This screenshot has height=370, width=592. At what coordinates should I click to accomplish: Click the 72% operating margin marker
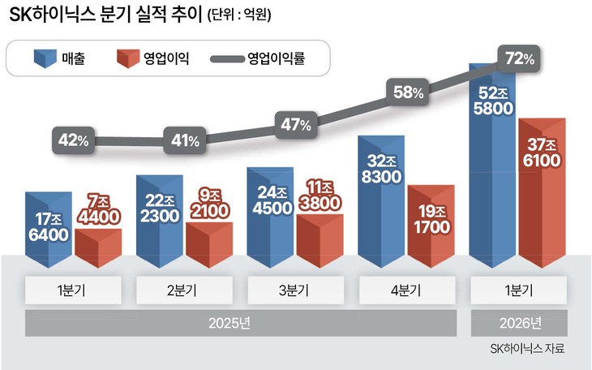pyautogui.click(x=518, y=59)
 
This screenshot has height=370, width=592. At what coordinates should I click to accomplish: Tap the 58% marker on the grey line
pyautogui.click(x=407, y=92)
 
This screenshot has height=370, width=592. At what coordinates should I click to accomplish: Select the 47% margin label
pyautogui.click(x=296, y=125)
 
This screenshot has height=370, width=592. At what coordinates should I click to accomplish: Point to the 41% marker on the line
pyautogui.click(x=185, y=140)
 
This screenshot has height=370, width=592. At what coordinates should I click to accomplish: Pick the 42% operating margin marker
pyautogui.click(x=73, y=140)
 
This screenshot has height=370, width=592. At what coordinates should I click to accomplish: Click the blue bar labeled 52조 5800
pyautogui.click(x=492, y=166)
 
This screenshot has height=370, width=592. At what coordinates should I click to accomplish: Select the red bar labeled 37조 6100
pyautogui.click(x=543, y=193)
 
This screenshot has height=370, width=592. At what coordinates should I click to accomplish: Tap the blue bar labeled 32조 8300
pyautogui.click(x=381, y=202)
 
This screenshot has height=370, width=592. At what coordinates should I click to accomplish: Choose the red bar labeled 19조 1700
pyautogui.click(x=431, y=226)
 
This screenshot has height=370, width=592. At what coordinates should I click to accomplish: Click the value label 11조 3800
pyautogui.click(x=320, y=196)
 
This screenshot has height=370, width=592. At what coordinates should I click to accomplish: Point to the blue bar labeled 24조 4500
pyautogui.click(x=270, y=217)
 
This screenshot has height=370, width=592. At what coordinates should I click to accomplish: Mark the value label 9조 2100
pyautogui.click(x=209, y=204)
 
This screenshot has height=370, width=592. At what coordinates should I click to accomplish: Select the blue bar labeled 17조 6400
pyautogui.click(x=49, y=230)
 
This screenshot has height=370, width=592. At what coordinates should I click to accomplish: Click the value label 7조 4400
pyautogui.click(x=99, y=210)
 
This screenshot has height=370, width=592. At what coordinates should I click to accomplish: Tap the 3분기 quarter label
pyautogui.click(x=296, y=290)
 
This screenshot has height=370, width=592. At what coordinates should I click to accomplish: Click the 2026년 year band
pyautogui.click(x=519, y=323)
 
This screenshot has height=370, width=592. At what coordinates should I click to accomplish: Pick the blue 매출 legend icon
pyautogui.click(x=45, y=58)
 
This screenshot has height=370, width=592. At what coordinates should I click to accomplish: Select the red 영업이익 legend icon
pyautogui.click(x=128, y=58)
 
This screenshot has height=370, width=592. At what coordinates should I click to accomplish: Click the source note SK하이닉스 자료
pyautogui.click(x=527, y=348)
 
